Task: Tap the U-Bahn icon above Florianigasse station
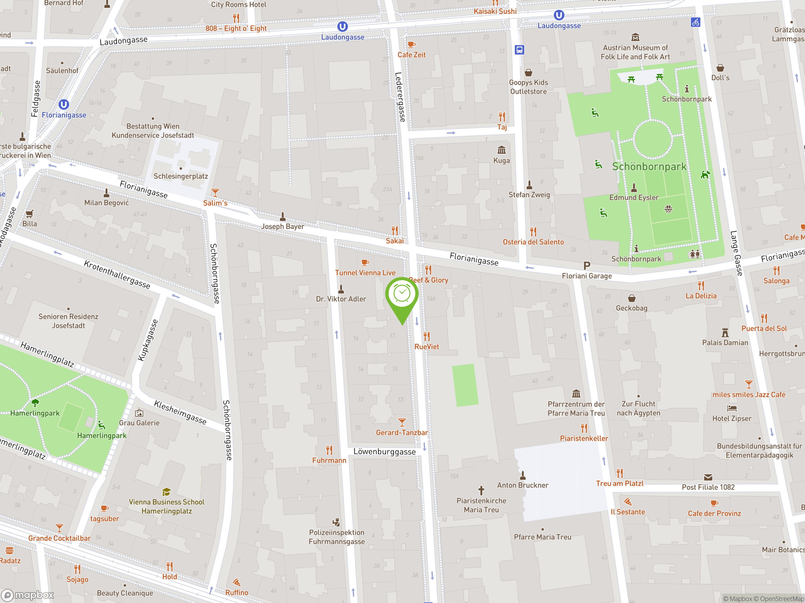(x=64, y=105)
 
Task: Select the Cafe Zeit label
(x=411, y=55)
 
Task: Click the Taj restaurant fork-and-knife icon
(x=502, y=117)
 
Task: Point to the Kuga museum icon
(x=502, y=150)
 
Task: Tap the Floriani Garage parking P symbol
(x=587, y=266)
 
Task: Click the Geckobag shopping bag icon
(x=632, y=298)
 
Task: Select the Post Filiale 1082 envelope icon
(x=708, y=477)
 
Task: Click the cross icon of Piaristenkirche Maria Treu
(x=481, y=490)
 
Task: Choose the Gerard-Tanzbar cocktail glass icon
(x=402, y=422)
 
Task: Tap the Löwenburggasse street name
(x=384, y=452)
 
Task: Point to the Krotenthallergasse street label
(x=117, y=274)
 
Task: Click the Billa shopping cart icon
(x=30, y=214)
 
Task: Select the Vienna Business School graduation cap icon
(x=166, y=492)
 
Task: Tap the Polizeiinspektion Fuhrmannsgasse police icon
(x=336, y=522)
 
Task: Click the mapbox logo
(x=28, y=595)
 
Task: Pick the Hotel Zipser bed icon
(x=731, y=408)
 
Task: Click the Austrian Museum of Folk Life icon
(x=635, y=37)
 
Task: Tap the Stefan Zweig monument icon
(x=529, y=185)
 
